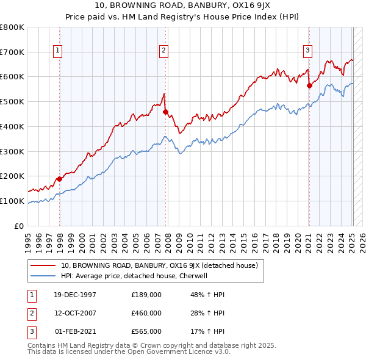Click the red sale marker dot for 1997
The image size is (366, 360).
[x=60, y=179]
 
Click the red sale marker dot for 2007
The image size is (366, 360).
[x=165, y=112]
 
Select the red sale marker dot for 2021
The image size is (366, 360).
[x=309, y=86]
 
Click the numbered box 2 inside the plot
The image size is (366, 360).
[x=164, y=51]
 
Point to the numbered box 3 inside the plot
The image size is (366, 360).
[x=308, y=51]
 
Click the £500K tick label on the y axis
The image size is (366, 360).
[x=12, y=101]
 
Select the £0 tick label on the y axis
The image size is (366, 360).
[x=19, y=226]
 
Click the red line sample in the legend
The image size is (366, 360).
[x=43, y=265]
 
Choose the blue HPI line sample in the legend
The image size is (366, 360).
[x=43, y=276]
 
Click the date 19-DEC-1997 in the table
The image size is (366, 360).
[x=76, y=295]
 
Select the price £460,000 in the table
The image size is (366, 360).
[x=146, y=313]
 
